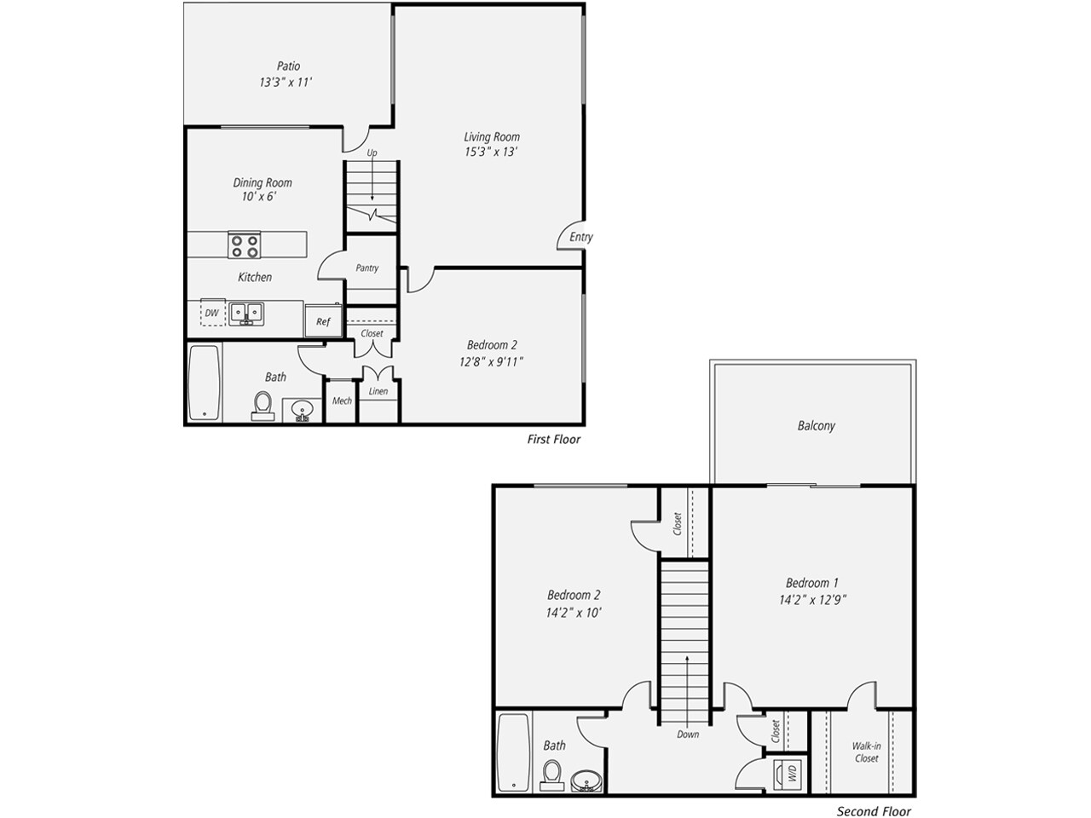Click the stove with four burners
click(x=245, y=246)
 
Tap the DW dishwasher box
click(x=211, y=314)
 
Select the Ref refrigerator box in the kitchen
click(x=323, y=321)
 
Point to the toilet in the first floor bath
click(x=263, y=406)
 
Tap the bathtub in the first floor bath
click(x=205, y=383)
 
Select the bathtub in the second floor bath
click(x=513, y=752)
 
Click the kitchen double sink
click(x=246, y=314)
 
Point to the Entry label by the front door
click(x=580, y=238)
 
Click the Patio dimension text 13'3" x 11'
click(x=287, y=83)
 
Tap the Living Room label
click(x=492, y=136)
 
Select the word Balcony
click(x=816, y=425)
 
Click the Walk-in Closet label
click(x=866, y=752)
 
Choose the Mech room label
click(x=342, y=400)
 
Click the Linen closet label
click(x=378, y=391)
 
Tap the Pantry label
click(x=367, y=268)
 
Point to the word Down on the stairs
click(x=688, y=734)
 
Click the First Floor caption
click(x=553, y=440)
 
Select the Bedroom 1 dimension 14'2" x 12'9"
click(x=812, y=599)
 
